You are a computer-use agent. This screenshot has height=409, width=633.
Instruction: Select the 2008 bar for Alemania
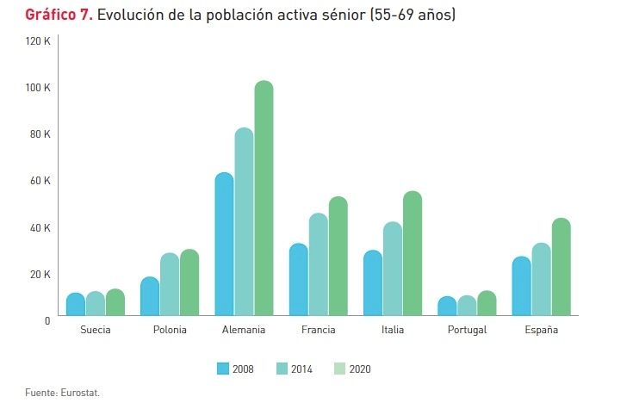point(224,245)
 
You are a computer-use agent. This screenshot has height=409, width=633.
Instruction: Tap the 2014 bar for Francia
point(318,265)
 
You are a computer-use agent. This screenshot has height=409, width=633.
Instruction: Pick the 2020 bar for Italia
point(413,254)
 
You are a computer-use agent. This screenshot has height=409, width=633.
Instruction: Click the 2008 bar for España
point(522,287)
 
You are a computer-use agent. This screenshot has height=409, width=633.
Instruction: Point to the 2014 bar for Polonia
point(170,285)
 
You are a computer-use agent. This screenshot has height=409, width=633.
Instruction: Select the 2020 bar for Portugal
point(487,304)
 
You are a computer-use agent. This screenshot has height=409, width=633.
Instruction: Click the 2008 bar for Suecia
point(76,305)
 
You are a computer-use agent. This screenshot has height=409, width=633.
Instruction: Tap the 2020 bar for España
point(561,268)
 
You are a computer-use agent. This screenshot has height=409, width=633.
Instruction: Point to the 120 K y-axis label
point(40,41)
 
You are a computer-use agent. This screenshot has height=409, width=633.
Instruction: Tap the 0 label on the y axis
point(47,320)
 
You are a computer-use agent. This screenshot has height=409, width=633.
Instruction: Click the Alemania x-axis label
point(244,330)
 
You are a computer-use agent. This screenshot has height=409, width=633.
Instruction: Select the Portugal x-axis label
point(468,330)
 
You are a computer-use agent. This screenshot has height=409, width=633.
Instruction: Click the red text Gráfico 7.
point(59,15)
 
